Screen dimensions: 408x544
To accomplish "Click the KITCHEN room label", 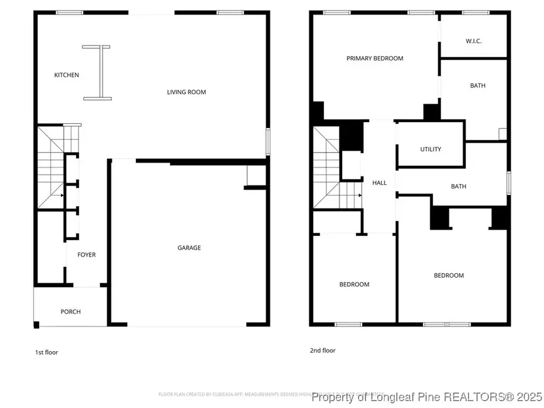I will [66, 75].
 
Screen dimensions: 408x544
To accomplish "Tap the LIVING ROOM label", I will [186, 92].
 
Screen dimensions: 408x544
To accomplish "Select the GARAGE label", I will [189, 248].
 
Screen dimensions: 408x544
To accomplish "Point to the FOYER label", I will [86, 255].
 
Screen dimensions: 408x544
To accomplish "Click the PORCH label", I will [70, 312].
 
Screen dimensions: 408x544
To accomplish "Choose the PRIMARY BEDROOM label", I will [374, 59].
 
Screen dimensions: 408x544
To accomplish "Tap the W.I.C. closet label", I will [473, 41].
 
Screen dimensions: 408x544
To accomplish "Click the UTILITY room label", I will [430, 149].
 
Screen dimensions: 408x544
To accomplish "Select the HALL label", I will [380, 183].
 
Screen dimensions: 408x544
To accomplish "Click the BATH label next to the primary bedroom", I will [478, 86].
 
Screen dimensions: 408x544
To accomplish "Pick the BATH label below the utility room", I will [458, 186].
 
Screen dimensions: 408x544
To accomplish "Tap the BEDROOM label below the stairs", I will [354, 284].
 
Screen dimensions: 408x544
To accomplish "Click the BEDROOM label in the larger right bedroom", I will [448, 276].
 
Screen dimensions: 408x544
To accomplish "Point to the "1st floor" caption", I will [46, 352].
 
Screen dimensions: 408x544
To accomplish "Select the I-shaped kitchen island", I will [97, 72].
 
